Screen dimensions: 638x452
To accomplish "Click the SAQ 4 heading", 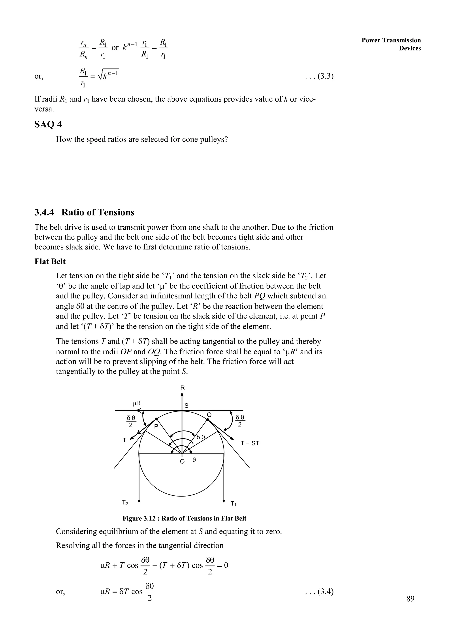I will (48, 125).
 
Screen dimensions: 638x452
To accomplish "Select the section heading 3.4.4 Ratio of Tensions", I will (84, 212).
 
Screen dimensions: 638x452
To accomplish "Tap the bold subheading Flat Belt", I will (50, 261).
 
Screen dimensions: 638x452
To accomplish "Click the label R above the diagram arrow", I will (183, 388).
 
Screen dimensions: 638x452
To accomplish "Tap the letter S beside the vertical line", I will (186, 406).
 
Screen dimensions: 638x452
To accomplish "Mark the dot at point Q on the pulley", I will (208, 419).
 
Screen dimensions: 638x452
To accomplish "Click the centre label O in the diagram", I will (182, 461).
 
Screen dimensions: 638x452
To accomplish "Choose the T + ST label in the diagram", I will (250, 443).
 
